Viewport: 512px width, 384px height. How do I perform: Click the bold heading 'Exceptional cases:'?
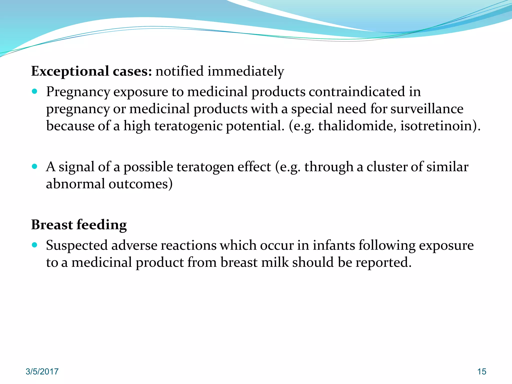tap(91, 71)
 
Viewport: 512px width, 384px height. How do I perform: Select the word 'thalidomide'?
tap(357, 125)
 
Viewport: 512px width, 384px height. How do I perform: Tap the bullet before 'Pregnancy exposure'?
tap(35, 91)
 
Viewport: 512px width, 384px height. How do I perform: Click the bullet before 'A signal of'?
tap(35, 166)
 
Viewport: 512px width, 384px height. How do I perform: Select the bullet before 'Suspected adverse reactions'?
tap(35, 245)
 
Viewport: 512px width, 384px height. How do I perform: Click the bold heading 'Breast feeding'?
tap(79, 224)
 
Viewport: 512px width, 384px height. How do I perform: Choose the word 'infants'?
tap(334, 245)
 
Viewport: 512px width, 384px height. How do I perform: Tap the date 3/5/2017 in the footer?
tap(42, 371)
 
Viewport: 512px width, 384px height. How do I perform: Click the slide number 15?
tap(482, 371)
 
